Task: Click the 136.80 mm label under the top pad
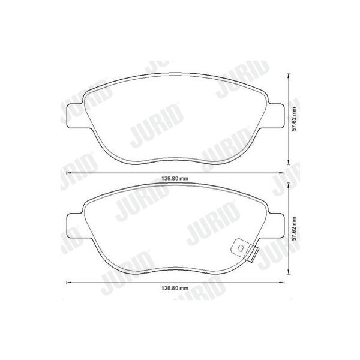[175, 178]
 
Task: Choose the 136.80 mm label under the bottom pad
[175, 288]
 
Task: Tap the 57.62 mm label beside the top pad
[293, 119]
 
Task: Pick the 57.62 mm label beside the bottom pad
[293, 229]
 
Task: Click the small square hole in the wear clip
[241, 248]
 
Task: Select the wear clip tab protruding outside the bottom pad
[254, 254]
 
